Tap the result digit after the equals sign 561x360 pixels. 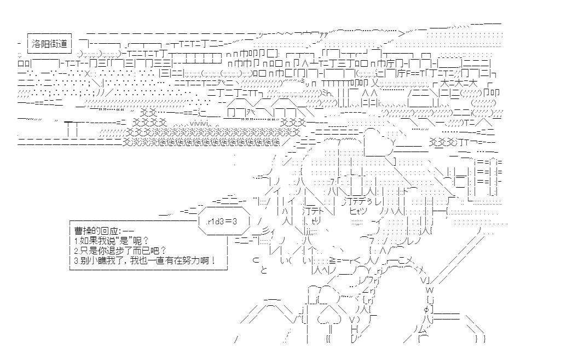tap(234, 221)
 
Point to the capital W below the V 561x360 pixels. tap(429, 289)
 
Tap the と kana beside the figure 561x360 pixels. tap(264, 270)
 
